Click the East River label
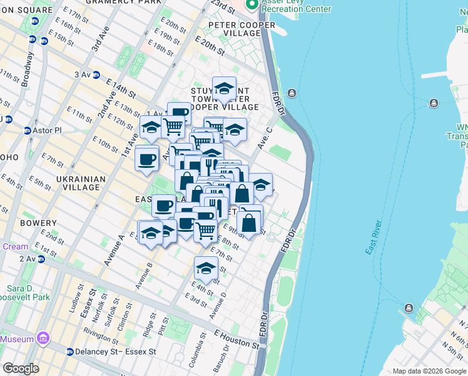(375, 237)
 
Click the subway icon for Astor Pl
(28, 131)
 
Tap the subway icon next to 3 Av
(96, 75)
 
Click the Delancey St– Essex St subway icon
(69, 352)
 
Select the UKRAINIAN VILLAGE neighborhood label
(80, 183)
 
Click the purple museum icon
(43, 339)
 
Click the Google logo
(21, 368)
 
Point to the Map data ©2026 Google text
(429, 370)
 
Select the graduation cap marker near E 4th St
(205, 268)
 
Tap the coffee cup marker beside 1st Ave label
(147, 159)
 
